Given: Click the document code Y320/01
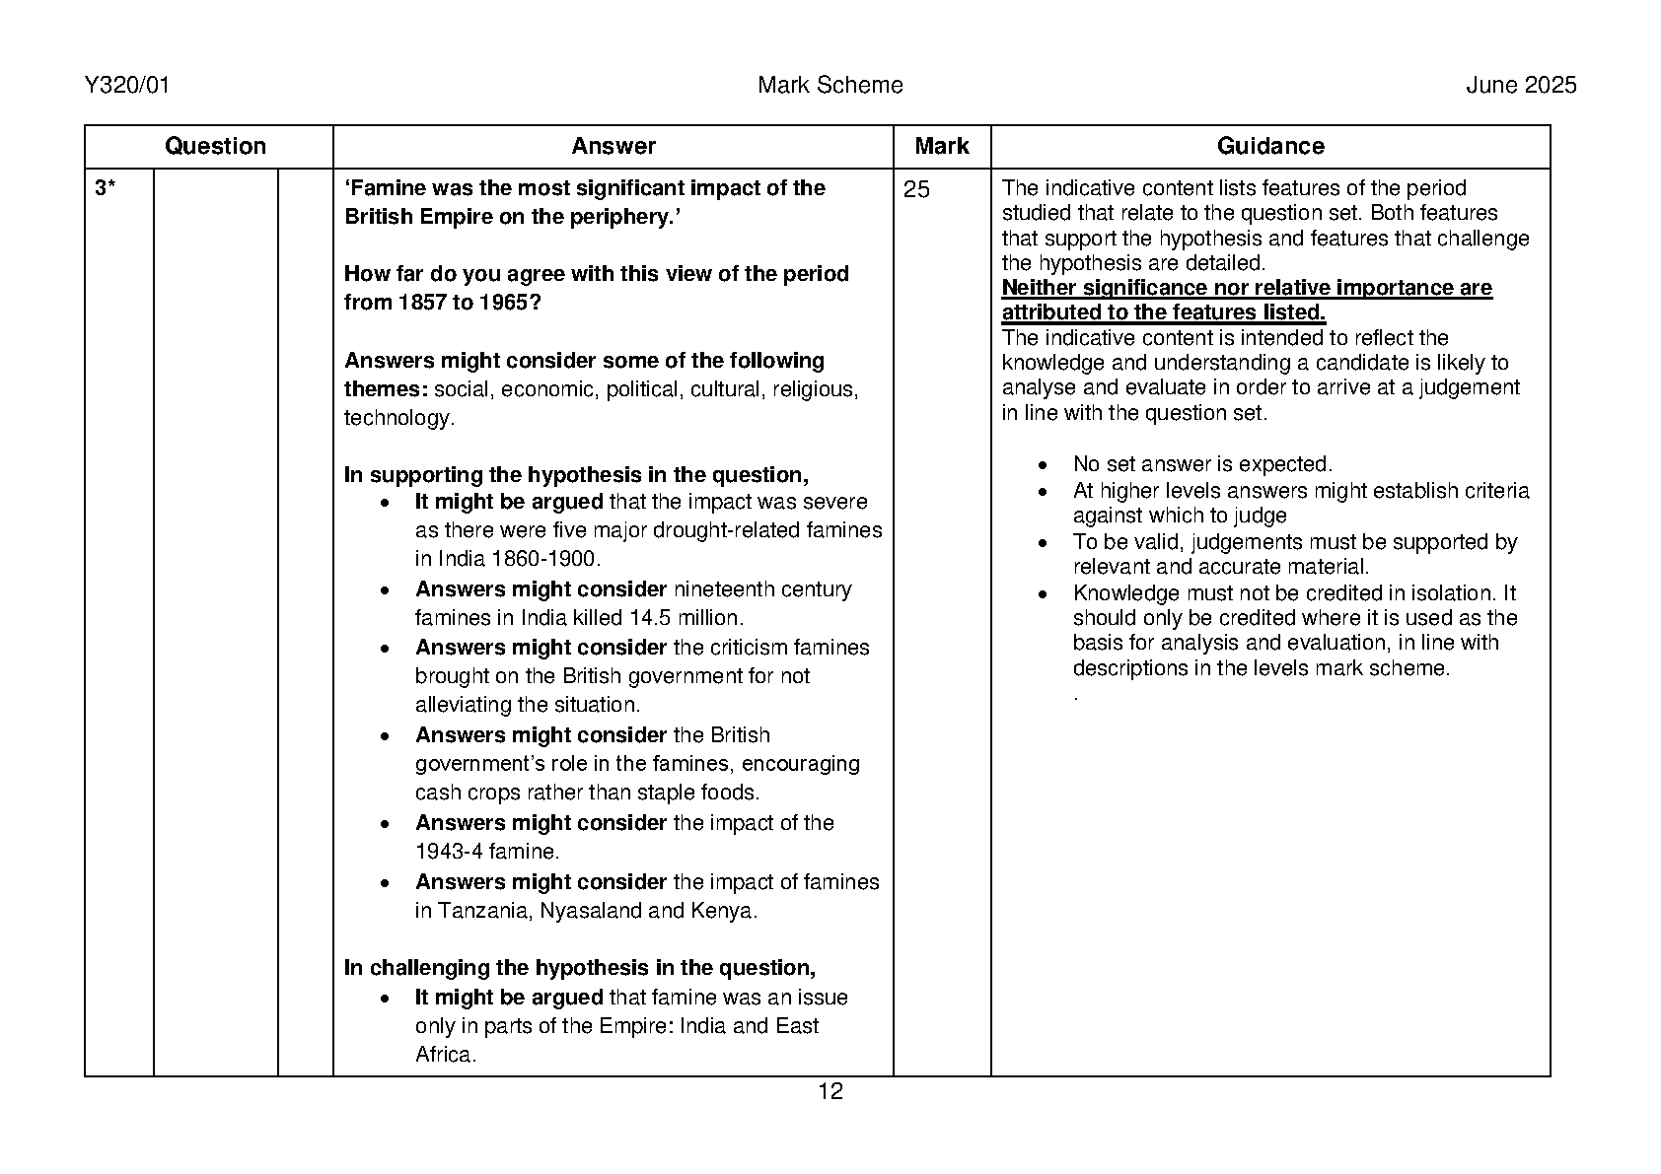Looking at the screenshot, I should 127,86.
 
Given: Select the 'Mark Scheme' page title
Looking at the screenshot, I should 830,86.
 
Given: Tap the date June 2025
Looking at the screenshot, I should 1520,86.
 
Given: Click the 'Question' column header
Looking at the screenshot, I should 215,147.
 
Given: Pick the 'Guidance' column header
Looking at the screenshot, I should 1269,147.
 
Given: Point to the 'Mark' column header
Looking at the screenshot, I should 941,147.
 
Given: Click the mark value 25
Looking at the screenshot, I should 916,189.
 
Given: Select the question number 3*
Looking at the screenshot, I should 106,189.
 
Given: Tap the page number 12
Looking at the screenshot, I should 830,1091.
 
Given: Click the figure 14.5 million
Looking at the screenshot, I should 686,618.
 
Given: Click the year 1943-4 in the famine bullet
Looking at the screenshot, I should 452,852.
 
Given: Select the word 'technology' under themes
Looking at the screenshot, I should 397,418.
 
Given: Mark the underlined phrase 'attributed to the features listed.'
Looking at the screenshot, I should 1164,312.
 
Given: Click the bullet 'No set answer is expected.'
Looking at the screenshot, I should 1202,464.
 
